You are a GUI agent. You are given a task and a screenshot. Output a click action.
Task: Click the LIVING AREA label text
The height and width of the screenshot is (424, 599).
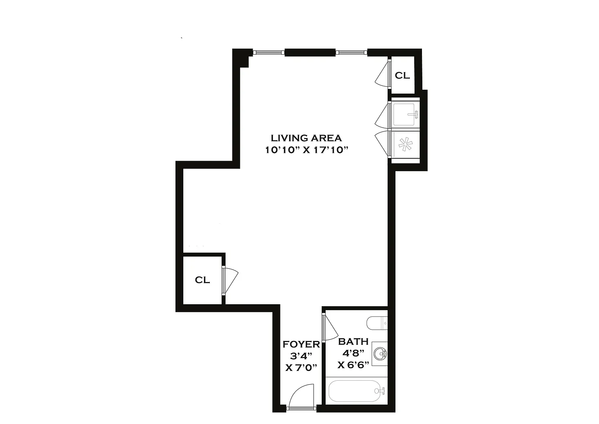click(x=306, y=138)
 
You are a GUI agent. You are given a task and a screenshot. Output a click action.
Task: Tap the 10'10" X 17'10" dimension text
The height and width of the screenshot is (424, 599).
click(x=307, y=150)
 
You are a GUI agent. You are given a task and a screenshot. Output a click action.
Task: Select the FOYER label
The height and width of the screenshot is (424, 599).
click(x=301, y=344)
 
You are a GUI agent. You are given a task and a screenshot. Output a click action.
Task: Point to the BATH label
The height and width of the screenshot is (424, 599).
click(x=353, y=342)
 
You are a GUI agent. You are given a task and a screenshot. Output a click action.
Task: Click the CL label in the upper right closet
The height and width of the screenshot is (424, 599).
click(x=402, y=76)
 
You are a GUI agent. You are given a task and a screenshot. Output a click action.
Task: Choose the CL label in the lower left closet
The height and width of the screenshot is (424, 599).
click(x=202, y=280)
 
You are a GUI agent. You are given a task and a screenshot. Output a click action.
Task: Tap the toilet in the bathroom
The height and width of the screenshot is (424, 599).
click(x=377, y=323)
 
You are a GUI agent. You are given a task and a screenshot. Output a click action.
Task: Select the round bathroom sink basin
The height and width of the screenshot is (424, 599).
click(x=380, y=354)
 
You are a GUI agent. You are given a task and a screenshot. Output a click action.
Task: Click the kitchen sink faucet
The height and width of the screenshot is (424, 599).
click(x=413, y=114)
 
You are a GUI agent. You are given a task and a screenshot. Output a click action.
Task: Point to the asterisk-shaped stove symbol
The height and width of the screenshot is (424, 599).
click(x=406, y=144)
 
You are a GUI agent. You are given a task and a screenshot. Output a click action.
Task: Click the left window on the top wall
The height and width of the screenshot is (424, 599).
click(x=269, y=52)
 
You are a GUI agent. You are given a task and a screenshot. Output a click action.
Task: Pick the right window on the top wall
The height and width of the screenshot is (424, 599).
click(x=351, y=52)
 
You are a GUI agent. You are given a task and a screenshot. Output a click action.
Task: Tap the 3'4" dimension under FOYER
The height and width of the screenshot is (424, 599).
click(x=301, y=356)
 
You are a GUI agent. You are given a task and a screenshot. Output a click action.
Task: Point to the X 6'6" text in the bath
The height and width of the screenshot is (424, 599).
click(x=353, y=365)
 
